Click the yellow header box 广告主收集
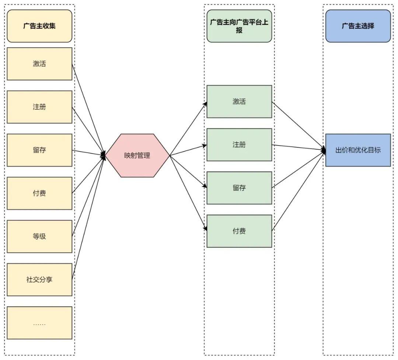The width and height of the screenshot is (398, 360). point(39,26)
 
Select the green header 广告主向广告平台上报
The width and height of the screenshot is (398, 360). point(239,26)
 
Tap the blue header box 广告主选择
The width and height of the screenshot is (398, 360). point(358,26)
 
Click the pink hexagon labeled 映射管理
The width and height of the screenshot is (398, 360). point(137,155)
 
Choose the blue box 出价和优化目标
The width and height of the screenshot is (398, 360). point(358,150)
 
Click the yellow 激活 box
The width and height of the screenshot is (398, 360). point(39,64)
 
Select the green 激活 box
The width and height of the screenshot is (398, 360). point(239,102)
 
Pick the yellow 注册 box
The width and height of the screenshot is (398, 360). point(39,107)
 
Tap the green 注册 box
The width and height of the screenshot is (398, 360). point(239,145)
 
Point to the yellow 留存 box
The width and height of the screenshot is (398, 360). point(39,150)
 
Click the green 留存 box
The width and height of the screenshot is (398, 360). point(239,188)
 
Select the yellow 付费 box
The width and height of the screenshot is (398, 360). point(39,193)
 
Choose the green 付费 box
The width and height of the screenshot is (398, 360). point(239,231)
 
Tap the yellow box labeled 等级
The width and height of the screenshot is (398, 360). point(39,236)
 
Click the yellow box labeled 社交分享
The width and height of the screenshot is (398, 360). point(39,279)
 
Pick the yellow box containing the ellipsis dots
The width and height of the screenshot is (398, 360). point(39,323)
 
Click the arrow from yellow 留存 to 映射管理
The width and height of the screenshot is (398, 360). point(88,153)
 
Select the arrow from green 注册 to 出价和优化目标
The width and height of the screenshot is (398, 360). point(298,147)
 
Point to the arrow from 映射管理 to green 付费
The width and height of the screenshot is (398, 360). point(188,193)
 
